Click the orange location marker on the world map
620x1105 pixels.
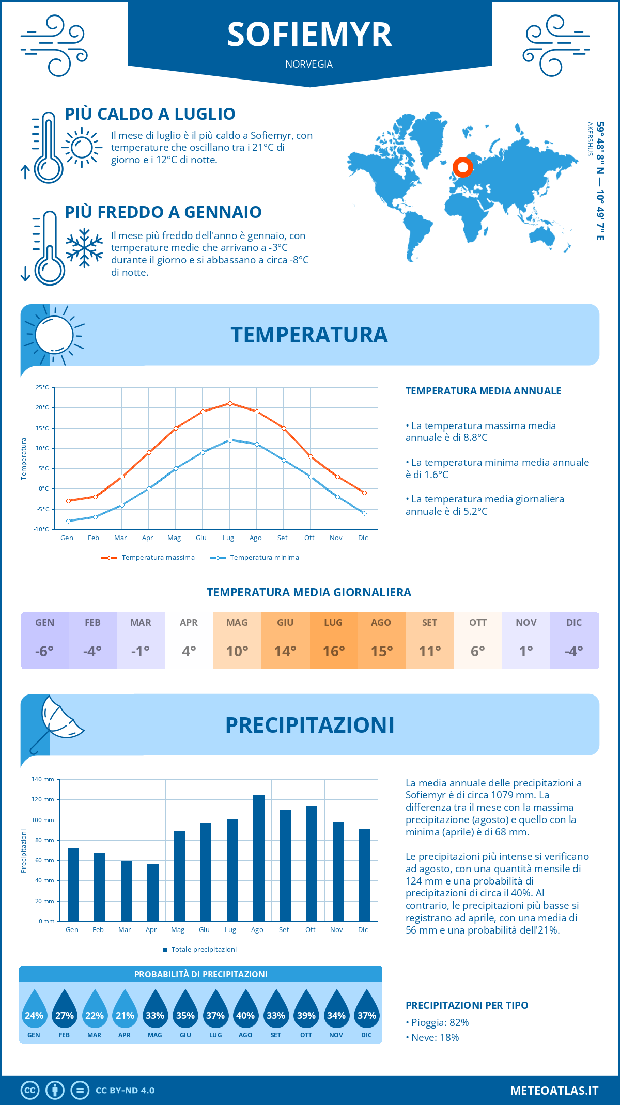point(462,167)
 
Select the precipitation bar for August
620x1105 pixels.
point(258,858)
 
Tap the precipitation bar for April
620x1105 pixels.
point(152,892)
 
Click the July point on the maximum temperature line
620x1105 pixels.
point(230,403)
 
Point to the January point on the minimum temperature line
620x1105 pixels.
point(68,521)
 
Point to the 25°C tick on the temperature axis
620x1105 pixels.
point(42,387)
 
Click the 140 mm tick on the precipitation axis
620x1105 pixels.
point(43,779)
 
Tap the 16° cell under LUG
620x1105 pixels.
point(333,651)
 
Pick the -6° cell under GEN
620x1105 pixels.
point(44,651)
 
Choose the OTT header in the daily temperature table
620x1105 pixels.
point(478,623)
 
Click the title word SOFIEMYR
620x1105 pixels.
point(309,35)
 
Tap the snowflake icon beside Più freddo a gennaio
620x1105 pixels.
point(84,248)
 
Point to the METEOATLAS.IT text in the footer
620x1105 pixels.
point(554,1091)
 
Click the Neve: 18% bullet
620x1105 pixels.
point(435,1037)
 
